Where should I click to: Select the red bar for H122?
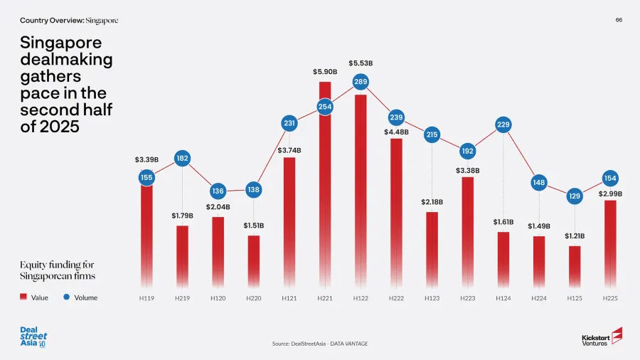coord(361,192)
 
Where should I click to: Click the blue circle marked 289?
coord(361,83)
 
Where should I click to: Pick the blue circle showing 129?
coord(575,196)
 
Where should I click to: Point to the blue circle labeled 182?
coord(182,158)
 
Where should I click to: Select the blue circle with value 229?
coord(503,125)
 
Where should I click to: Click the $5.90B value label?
coord(324,71)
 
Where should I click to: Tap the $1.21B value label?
coord(575,235)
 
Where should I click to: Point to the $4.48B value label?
coord(397,132)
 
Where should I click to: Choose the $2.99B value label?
coord(610,194)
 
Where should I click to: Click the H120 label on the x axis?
coord(218,298)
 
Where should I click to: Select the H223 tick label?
coord(467,298)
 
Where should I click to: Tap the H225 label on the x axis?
coord(610,298)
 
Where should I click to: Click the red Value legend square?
coord(23,297)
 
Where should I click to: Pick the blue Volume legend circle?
coord(67,297)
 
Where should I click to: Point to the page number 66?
coord(619,20)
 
